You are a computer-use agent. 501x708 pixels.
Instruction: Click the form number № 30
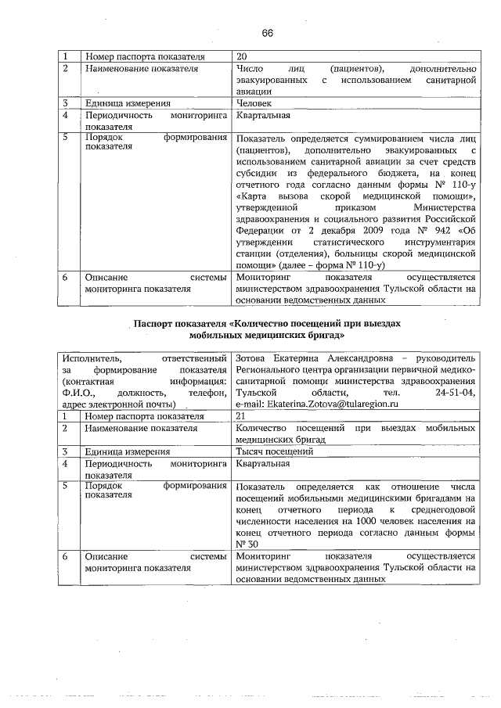[x=246, y=544]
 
